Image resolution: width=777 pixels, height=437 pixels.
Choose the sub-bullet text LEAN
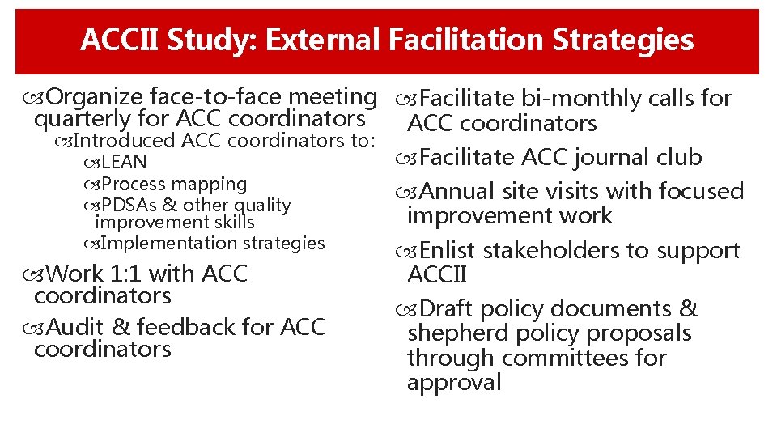124,163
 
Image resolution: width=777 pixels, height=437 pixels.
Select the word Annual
458,192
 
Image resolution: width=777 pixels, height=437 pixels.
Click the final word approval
454,382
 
